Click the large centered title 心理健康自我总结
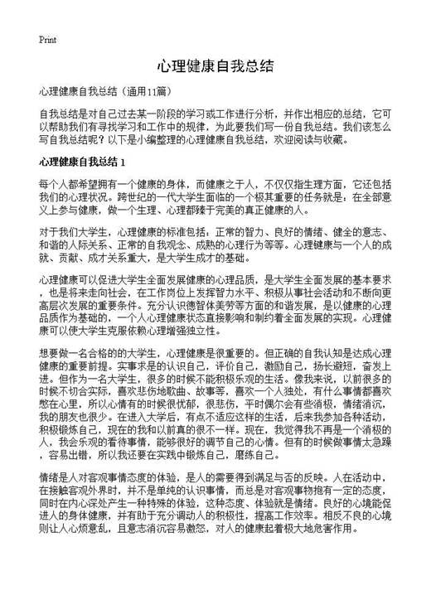pyautogui.click(x=215, y=65)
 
